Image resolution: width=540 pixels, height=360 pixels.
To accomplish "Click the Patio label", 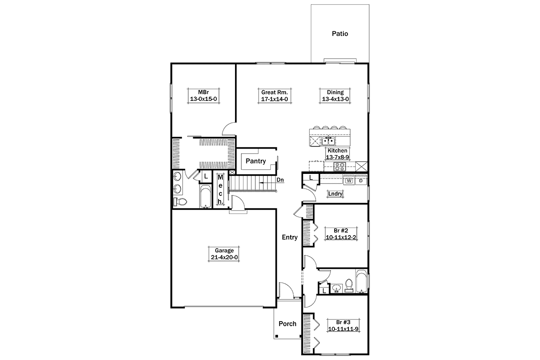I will coord(340,34).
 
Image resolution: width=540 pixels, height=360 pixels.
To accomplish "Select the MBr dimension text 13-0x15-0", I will coord(204,99).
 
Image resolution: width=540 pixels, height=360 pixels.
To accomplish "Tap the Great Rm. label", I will coord(274,92).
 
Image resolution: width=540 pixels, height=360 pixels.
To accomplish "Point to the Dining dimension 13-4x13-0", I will coord(335,99).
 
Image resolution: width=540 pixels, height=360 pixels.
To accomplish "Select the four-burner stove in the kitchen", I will coord(340,167).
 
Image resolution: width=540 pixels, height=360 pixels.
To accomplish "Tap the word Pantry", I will coord(256,161).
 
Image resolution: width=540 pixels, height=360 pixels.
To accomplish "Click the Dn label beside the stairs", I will coord(280,180).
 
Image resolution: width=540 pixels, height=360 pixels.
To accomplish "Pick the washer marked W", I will coord(349,181).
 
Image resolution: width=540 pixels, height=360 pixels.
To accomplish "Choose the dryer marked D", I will coord(361,181).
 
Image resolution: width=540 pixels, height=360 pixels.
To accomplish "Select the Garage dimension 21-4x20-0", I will coord(224,257).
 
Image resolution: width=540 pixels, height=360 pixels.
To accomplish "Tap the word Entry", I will coord(290,238).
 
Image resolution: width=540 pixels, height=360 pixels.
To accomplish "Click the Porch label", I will coord(287,324).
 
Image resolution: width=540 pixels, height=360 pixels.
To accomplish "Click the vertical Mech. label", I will coord(220,190).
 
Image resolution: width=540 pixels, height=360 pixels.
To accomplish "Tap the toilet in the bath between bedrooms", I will coord(349,285).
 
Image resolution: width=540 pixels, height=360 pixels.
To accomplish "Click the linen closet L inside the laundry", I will coord(310,178).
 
